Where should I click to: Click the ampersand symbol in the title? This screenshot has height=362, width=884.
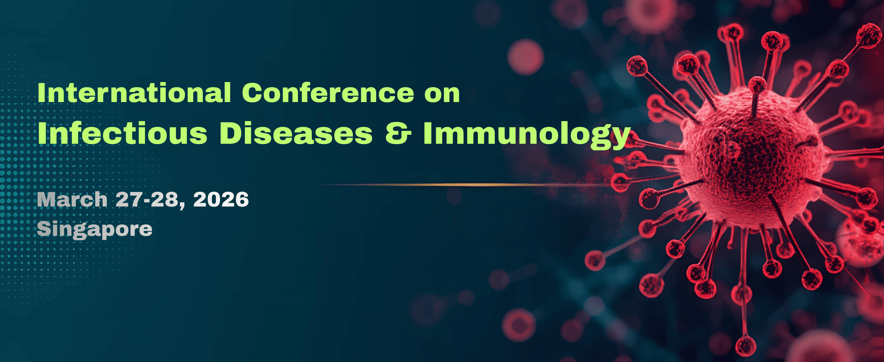pos(398,133)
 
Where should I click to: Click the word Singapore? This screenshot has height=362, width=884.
pos(94,230)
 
